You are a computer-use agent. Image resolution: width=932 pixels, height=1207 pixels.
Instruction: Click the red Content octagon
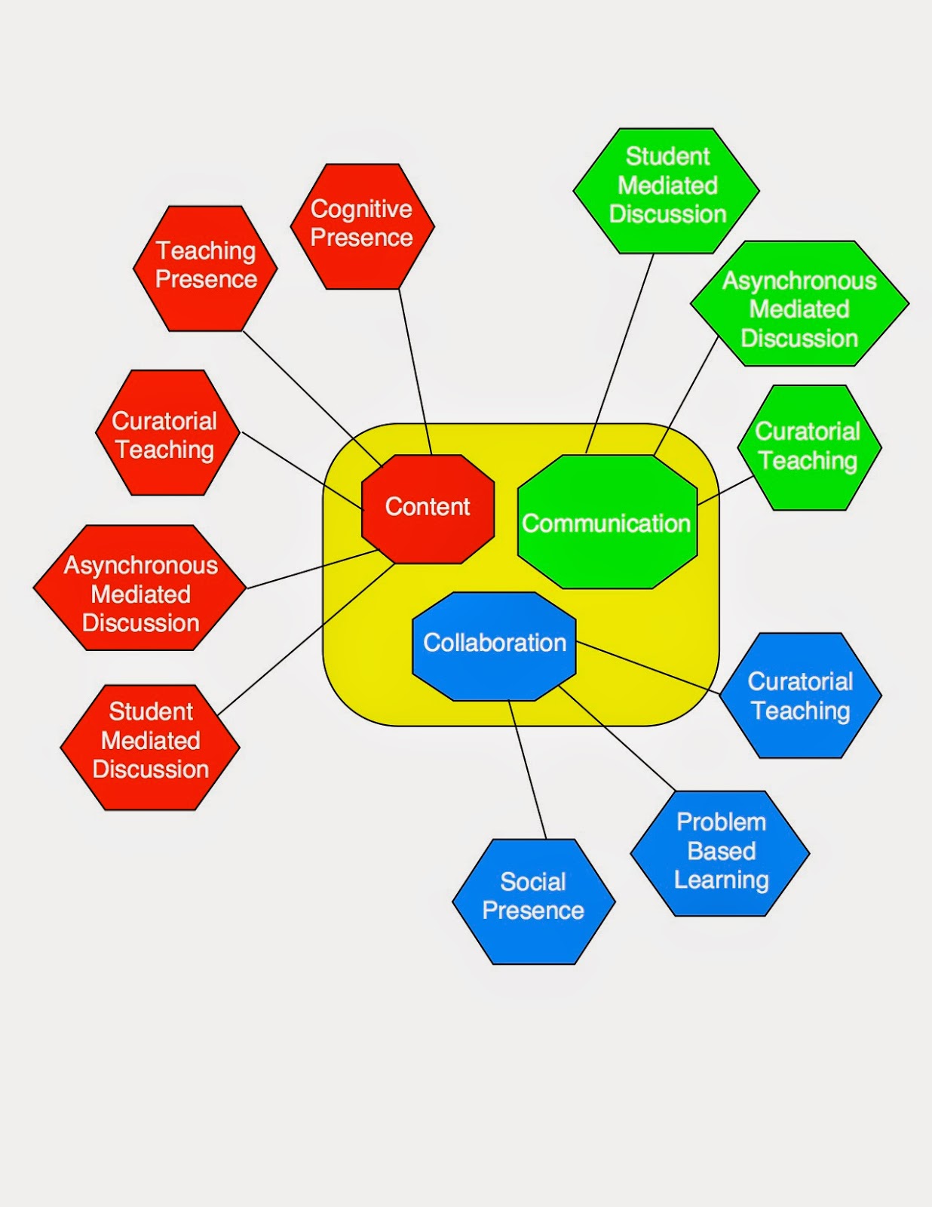click(428, 508)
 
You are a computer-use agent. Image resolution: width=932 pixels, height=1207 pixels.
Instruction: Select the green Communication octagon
click(607, 522)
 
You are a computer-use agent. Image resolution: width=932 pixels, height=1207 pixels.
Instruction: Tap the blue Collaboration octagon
click(494, 645)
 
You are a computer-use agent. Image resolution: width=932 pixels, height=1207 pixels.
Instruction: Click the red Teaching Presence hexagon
click(205, 268)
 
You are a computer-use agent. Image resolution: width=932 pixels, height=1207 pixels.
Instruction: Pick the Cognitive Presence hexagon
click(362, 226)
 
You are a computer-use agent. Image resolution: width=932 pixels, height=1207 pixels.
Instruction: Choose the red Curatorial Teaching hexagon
click(167, 433)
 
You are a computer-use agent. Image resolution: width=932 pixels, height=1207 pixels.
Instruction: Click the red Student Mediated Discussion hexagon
click(150, 747)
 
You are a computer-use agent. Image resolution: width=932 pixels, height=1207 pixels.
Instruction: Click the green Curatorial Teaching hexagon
click(809, 447)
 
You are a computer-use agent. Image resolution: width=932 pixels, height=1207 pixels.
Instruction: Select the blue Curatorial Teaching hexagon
click(801, 696)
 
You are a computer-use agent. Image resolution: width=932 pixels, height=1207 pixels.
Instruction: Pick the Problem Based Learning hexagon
click(720, 853)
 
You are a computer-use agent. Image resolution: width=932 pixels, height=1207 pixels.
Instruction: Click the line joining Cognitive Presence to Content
click(415, 370)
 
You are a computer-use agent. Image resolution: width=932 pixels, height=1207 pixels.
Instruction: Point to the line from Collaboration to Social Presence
click(527, 769)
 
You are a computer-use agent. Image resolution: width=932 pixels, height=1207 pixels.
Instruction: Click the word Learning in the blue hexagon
click(721, 880)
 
